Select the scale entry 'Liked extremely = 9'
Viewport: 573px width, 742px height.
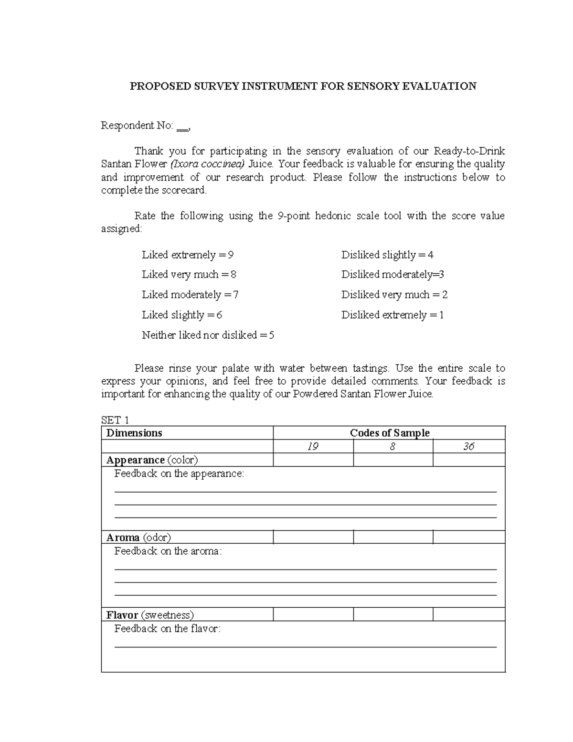187,255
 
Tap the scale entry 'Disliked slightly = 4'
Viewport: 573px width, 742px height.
387,255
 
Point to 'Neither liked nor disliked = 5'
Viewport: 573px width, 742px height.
208,335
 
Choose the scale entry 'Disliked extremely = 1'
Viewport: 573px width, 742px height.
392,315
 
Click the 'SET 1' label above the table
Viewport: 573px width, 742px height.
115,420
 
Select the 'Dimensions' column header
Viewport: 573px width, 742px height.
134,433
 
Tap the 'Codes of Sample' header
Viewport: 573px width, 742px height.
389,433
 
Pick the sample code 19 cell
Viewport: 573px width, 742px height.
313,447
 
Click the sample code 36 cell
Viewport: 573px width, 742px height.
468,447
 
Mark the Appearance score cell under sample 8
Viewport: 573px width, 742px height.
393,460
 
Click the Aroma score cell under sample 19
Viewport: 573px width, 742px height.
313,538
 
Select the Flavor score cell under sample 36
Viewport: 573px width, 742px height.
468,615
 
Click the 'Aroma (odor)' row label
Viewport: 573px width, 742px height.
138,538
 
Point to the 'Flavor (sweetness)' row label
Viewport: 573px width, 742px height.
150,615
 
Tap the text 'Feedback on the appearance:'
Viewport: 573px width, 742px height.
179,474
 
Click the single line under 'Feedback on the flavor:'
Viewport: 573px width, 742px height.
306,646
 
